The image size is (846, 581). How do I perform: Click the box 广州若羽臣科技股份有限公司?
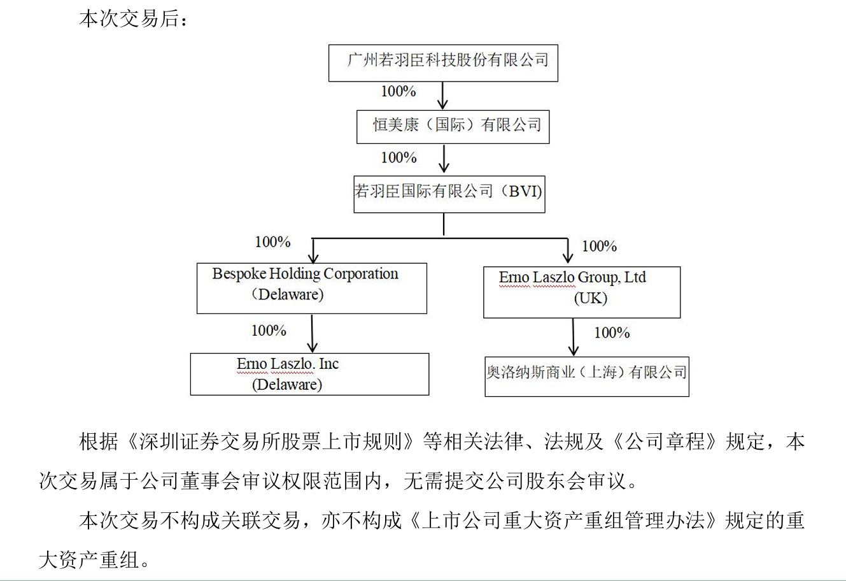443,62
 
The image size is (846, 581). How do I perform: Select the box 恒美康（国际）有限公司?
453,126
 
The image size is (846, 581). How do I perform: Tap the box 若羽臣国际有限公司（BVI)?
449,193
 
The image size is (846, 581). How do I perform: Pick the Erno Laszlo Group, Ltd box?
581,292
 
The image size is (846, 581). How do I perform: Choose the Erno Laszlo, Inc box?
309,374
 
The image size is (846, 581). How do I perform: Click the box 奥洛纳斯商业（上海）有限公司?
586,376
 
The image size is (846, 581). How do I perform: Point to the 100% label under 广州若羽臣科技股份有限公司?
398,92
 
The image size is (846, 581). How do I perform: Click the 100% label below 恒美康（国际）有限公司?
398,157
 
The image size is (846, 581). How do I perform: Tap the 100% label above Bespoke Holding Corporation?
272,242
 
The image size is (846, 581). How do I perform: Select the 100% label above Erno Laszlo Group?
599,247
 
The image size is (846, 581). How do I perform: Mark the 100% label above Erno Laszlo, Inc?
269,331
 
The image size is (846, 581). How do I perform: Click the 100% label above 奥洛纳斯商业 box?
612,333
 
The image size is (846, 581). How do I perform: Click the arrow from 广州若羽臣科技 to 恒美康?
443,95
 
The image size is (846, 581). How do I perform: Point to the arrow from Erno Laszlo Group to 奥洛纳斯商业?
574,337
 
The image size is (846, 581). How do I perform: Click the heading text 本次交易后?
133,20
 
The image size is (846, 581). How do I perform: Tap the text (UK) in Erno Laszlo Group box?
590,299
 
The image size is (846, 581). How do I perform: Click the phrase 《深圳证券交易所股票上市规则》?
270,442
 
